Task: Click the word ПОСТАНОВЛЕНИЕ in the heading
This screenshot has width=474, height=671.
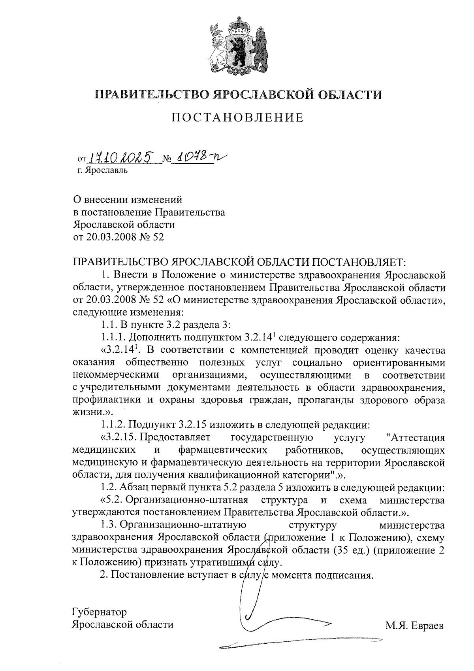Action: point(237,117)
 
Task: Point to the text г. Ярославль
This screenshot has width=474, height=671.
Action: point(103,171)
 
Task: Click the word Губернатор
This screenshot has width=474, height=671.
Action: point(100,612)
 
